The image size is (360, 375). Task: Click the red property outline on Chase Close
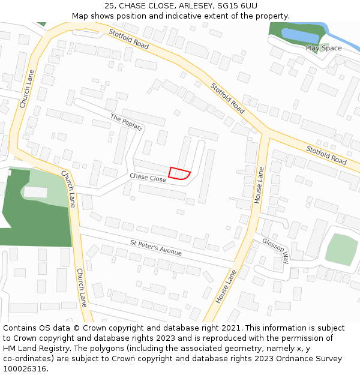[178, 173]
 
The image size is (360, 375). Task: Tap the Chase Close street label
[148, 178]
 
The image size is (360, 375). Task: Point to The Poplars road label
[125, 121]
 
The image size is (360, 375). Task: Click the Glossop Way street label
[275, 250]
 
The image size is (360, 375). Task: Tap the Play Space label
[323, 48]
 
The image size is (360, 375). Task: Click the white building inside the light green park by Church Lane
[35, 192]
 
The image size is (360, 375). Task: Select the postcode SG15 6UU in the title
[237, 5]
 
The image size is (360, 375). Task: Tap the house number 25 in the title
[109, 5]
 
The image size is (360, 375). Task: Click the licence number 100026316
[25, 368]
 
